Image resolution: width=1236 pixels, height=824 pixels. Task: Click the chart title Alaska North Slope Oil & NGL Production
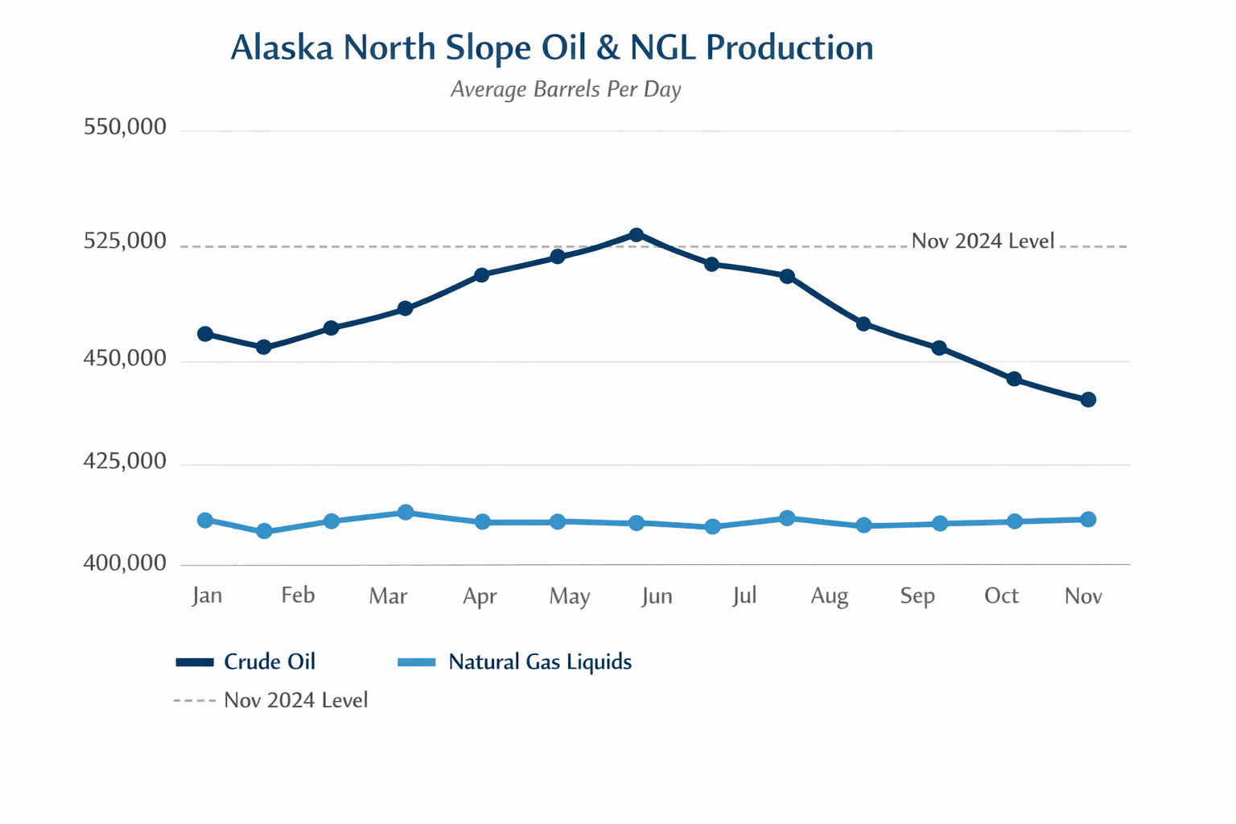552,48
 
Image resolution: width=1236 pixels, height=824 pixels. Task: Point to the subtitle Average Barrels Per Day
566,89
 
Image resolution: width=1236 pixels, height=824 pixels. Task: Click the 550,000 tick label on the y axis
126,127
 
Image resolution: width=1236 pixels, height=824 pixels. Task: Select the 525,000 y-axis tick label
126,241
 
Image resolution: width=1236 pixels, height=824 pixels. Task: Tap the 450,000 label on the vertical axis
126,358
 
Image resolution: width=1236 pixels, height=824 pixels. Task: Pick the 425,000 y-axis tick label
126,461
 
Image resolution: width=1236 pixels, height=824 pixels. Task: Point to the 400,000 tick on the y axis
126,563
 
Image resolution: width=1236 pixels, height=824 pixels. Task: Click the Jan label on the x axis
207,595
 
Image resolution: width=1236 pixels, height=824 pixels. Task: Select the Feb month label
298,595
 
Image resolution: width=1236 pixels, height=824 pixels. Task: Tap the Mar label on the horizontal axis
388,596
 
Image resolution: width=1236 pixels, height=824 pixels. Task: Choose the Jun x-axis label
657,596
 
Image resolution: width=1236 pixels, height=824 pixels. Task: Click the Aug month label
829,596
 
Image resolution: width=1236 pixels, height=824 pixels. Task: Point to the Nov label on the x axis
1083,596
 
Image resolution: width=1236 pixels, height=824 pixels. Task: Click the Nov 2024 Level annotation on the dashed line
983,241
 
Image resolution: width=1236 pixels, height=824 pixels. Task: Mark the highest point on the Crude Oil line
637,235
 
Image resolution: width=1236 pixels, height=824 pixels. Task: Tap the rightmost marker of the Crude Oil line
1088,400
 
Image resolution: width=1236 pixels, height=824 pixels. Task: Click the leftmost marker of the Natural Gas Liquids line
205,521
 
